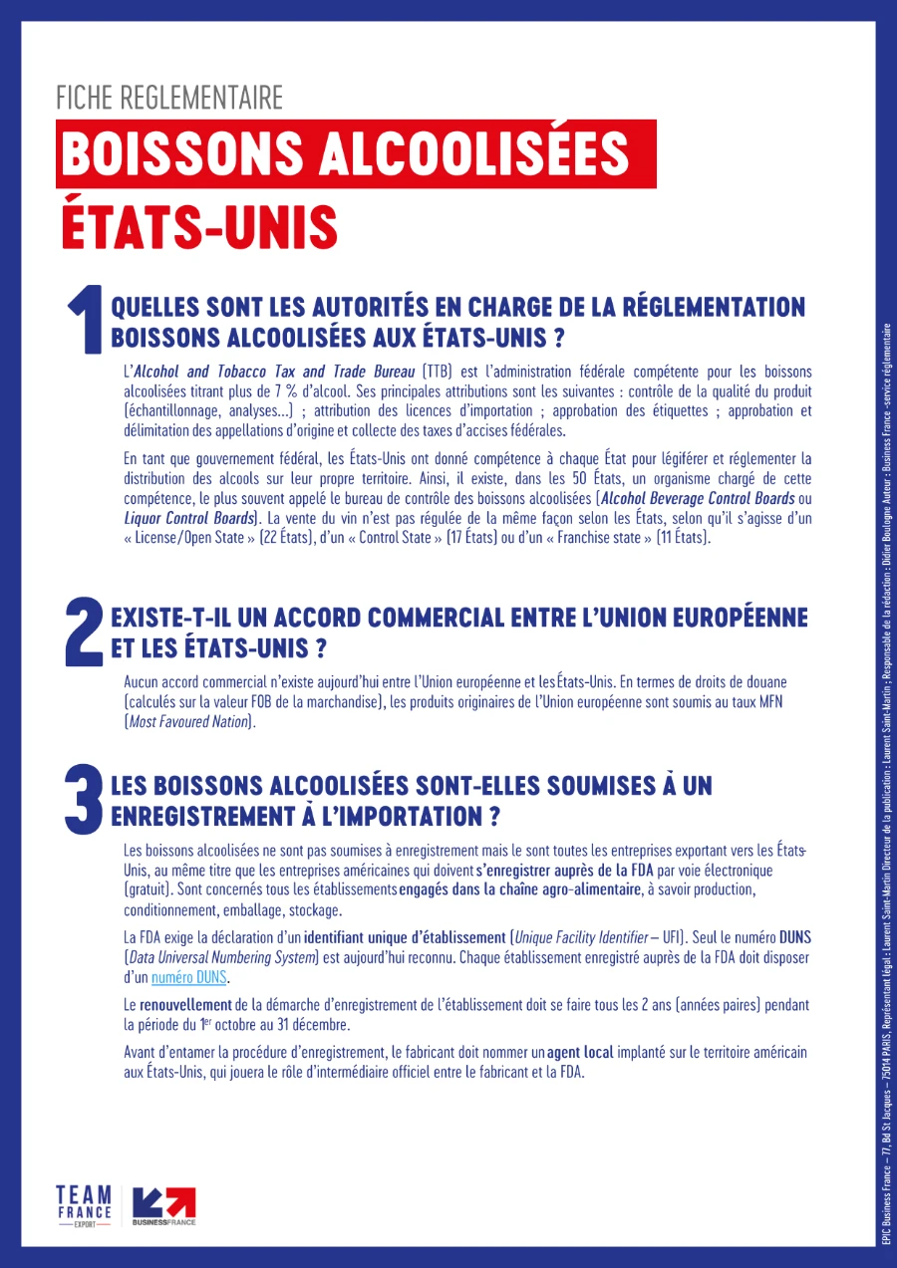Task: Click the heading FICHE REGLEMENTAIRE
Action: coord(169,98)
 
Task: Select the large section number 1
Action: coord(86,319)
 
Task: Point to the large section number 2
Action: coord(84,632)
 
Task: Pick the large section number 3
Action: coord(84,799)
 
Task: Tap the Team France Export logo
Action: coord(84,1206)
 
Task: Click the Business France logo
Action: coord(164,1206)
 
